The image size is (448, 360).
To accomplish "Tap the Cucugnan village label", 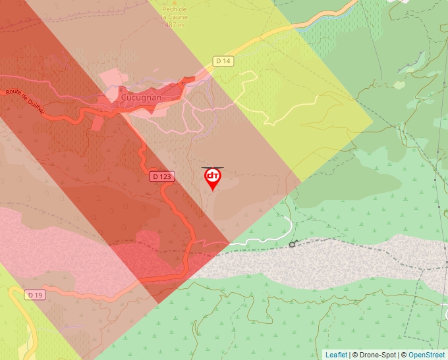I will (141, 97).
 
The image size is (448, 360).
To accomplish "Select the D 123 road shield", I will (161, 176).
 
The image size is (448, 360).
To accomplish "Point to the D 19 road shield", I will (36, 295).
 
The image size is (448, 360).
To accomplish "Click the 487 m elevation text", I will (173, 25).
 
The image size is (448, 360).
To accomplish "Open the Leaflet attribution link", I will (336, 355).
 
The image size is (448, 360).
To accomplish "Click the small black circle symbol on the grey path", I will (292, 244).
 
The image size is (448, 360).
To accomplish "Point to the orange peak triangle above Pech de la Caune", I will (173, 2).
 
